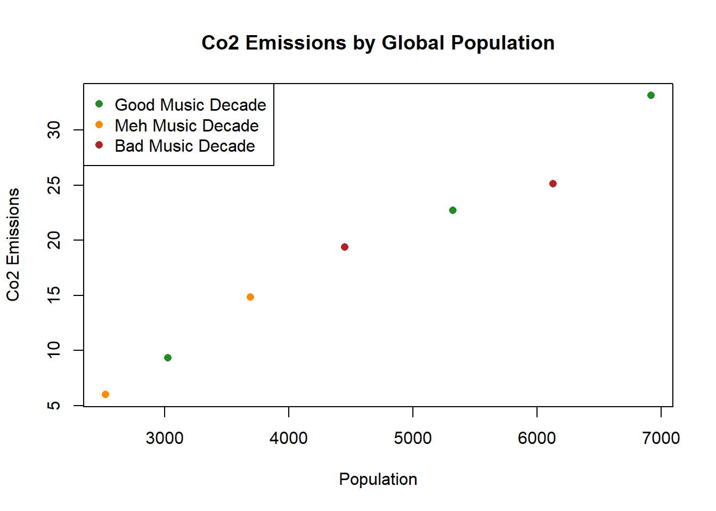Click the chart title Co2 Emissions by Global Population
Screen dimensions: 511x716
pos(378,43)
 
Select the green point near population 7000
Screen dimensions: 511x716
pos(650,95)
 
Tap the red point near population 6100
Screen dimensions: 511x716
pos(552,184)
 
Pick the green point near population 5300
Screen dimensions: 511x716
pos(452,210)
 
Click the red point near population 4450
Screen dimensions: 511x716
pos(344,247)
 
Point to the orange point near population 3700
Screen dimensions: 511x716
pos(250,297)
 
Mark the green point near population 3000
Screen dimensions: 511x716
pos(167,358)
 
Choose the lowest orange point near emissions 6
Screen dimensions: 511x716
pos(105,394)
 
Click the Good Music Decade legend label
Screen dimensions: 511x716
pos(190,105)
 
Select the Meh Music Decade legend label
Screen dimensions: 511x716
pos(186,126)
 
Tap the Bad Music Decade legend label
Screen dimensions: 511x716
pos(185,146)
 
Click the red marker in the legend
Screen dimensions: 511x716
pos(99,145)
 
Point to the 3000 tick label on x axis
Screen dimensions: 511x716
pos(165,438)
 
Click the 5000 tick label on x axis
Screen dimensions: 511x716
pos(413,438)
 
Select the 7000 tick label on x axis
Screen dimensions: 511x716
pos(661,438)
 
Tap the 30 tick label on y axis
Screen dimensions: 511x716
pos(54,130)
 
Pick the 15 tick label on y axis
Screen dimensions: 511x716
pos(54,295)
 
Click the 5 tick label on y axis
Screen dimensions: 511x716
pos(54,406)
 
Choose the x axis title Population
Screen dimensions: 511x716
pos(378,479)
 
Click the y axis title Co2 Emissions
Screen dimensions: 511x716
pos(13,244)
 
